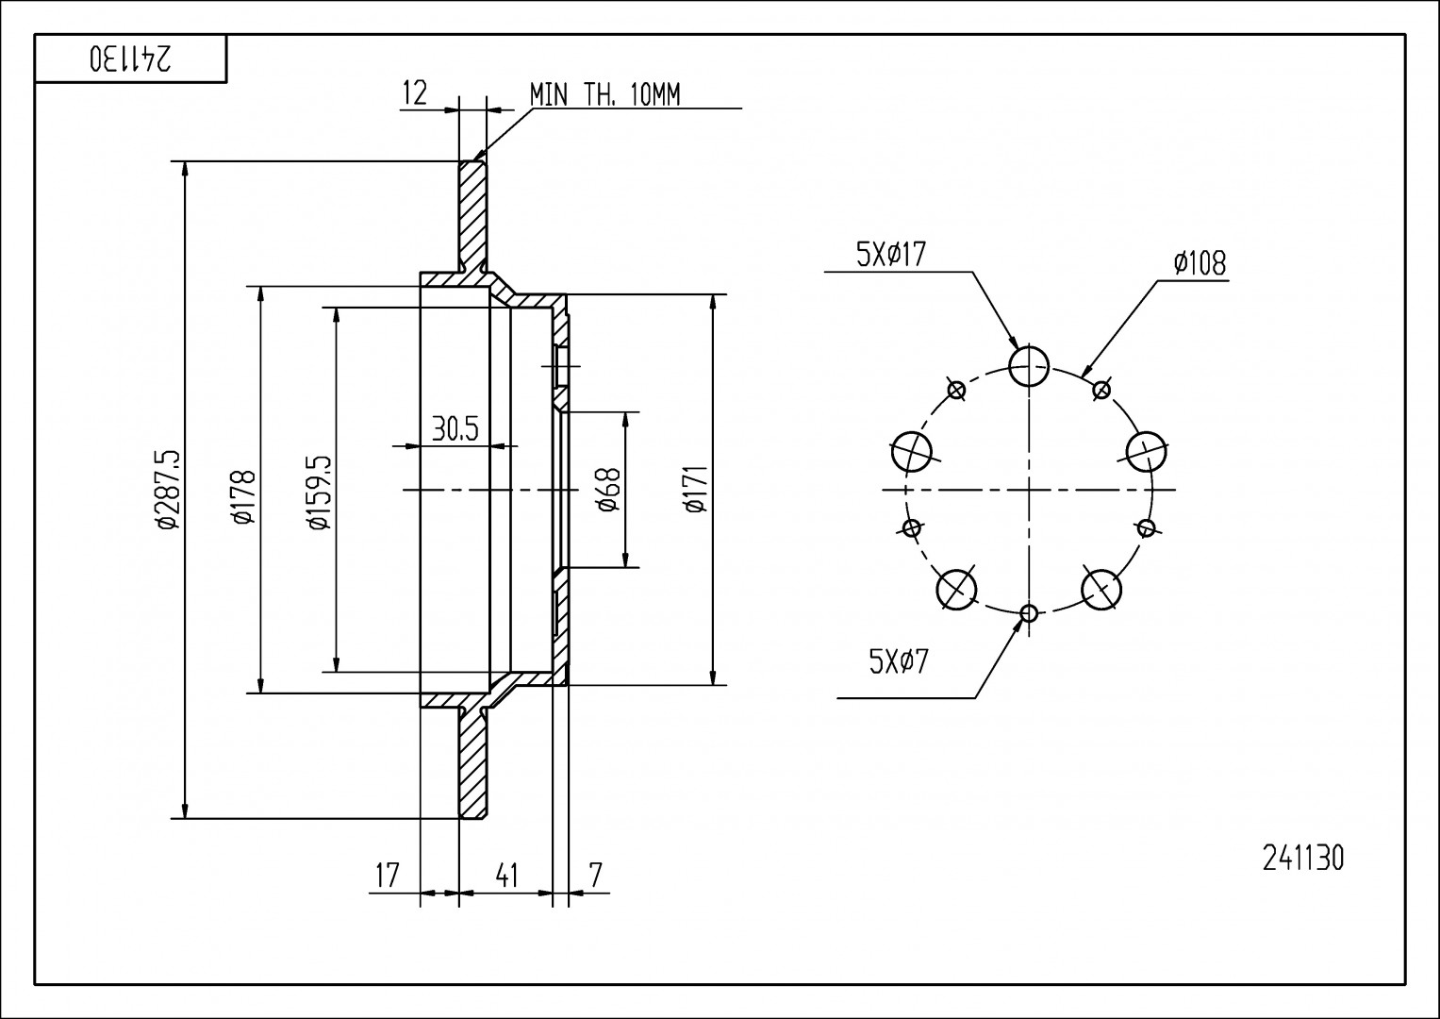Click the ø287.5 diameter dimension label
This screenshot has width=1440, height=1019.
pyautogui.click(x=167, y=491)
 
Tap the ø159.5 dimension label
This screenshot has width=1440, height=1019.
pyautogui.click(x=318, y=493)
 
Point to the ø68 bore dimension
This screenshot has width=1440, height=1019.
pyautogui.click(x=608, y=490)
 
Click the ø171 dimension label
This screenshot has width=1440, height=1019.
pyautogui.click(x=697, y=491)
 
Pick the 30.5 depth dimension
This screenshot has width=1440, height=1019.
pyautogui.click(x=455, y=429)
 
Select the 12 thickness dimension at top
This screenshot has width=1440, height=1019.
pyautogui.click(x=415, y=92)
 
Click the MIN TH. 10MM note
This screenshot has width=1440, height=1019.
pyautogui.click(x=604, y=94)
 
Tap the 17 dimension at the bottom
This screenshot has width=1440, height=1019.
pyautogui.click(x=388, y=875)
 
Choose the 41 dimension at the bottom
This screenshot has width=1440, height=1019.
pyautogui.click(x=506, y=875)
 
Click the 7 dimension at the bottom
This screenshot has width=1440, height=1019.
pyautogui.click(x=594, y=875)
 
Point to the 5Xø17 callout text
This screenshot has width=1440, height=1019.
pyautogui.click(x=890, y=255)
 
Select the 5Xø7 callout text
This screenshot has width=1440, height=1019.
pyautogui.click(x=899, y=661)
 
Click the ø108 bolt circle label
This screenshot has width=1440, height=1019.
pyautogui.click(x=1200, y=263)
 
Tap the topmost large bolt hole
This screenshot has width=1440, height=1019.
pyautogui.click(x=1029, y=365)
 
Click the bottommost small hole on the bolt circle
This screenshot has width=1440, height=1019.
pyautogui.click(x=1029, y=613)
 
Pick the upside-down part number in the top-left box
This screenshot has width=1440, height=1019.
pyautogui.click(x=131, y=59)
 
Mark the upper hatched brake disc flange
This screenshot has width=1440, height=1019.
pyautogui.click(x=472, y=217)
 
